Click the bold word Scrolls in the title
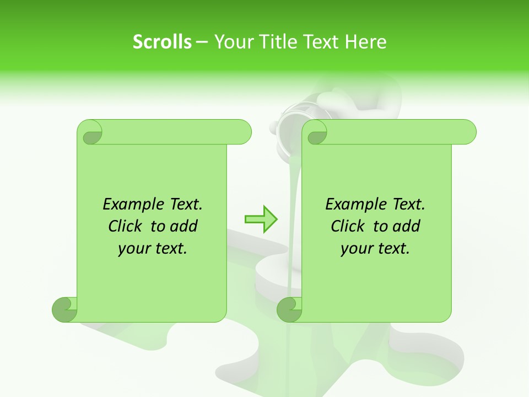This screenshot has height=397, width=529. pos(162,42)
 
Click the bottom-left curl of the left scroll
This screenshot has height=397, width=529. pos(64,309)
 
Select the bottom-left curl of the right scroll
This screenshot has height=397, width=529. pos(289,309)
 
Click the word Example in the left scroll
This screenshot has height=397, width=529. pos(128,205)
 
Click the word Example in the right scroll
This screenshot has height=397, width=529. pos(350,205)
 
